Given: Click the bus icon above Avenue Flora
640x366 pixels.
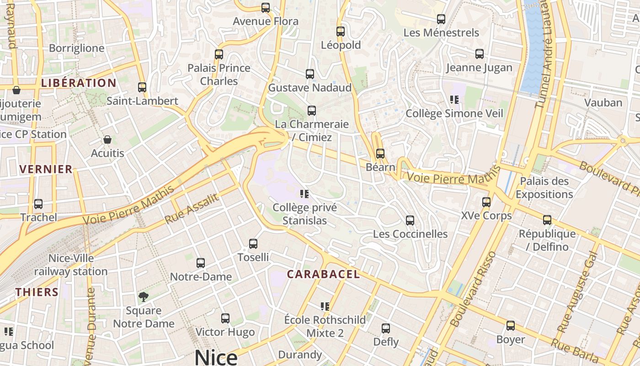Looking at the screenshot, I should tap(265, 8).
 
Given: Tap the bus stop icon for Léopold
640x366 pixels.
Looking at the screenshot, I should tap(340, 32).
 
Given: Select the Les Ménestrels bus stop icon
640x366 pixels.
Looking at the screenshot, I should tap(441, 19).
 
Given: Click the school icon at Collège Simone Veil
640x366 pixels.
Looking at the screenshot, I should tap(454, 99).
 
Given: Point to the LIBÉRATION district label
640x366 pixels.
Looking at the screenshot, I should tap(79, 83).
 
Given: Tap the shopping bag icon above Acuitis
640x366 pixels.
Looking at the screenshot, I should tap(107, 140).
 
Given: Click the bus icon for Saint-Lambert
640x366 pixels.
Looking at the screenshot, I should tap(142, 87).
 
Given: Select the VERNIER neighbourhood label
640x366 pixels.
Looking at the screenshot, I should tap(46, 169).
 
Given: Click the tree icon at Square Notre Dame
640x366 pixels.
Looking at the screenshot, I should tap(144, 297).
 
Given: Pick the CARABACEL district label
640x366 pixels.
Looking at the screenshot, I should tap(323, 274).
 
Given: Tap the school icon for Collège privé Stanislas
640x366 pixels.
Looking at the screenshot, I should tap(304, 194).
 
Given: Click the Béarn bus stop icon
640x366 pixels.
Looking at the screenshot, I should tap(380, 154).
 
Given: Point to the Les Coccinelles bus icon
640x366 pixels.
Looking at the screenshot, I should tap(410, 221).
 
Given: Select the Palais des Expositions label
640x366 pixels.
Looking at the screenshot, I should tap(544, 188).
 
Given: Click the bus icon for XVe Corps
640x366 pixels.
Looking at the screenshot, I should tap(486, 202).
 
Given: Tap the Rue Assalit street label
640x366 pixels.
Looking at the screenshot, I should tap(192, 208).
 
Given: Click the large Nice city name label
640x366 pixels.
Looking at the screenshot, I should tap(216, 357).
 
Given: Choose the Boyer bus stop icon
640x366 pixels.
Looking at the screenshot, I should tap(510, 326).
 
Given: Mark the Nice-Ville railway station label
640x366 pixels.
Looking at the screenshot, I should tap(71, 265).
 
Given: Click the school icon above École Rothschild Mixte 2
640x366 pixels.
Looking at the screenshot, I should tap(325, 306).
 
